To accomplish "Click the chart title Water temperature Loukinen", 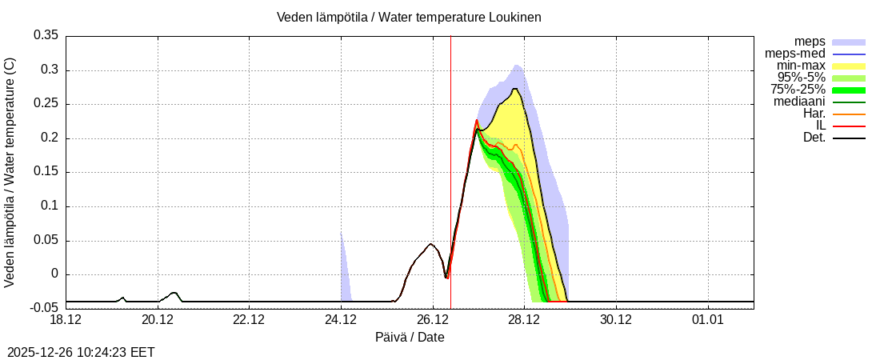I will coord(409,17).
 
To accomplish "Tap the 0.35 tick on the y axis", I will coord(46,36).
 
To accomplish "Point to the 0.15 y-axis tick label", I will coord(46,172).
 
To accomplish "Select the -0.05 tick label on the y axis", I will coord(44,308).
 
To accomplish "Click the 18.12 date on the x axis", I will coord(66,320).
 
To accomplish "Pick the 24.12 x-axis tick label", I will coord(341,320).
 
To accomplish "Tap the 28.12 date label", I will coord(524,320).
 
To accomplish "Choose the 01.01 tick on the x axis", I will coord(707,320).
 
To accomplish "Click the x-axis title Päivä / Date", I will coord(410,337).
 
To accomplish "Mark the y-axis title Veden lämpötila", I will coord(10,173).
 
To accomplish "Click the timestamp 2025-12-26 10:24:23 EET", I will coord(81,352).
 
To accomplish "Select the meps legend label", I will coord(810,41).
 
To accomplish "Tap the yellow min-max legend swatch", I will coord(849,66).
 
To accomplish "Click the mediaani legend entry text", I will coord(799,102).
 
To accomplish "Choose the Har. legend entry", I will coord(814,114).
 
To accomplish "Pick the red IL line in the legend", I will coord(849,126).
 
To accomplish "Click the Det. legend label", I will coord(814,138).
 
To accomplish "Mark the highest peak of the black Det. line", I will coord(515,89).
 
